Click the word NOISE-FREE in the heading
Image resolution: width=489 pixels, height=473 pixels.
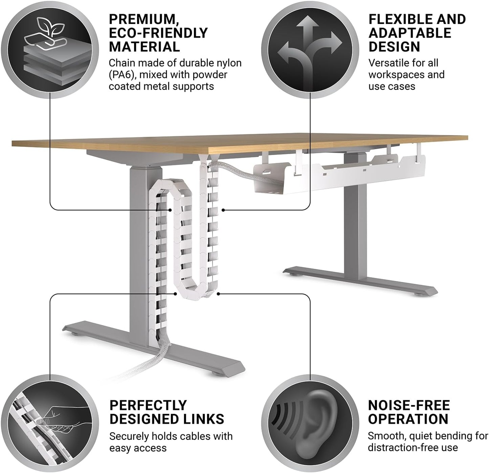tap(409, 405)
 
